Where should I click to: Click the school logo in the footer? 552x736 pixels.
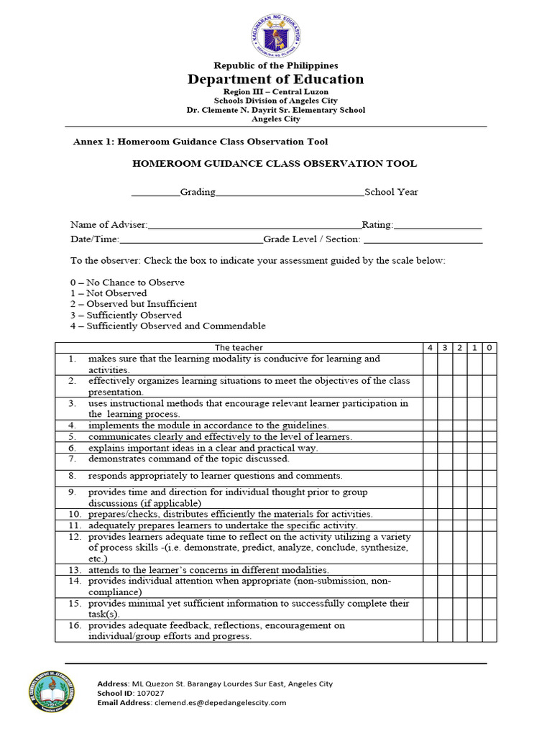click(x=61, y=693)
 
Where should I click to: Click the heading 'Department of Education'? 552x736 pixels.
click(x=276, y=79)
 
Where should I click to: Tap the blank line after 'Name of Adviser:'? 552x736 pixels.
click(x=254, y=225)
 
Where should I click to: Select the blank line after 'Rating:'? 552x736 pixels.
click(x=438, y=225)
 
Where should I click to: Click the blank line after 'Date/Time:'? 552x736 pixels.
click(x=191, y=239)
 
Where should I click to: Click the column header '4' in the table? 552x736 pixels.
click(x=430, y=348)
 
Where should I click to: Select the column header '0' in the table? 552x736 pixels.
click(x=489, y=348)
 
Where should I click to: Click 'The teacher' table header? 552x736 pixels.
click(x=238, y=348)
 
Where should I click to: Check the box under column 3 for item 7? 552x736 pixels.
click(x=445, y=459)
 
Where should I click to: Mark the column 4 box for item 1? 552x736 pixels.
click(x=430, y=364)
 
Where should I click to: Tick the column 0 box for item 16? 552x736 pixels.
click(x=489, y=630)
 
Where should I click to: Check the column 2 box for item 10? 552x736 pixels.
click(x=460, y=514)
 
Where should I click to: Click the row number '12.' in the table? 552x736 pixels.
click(x=75, y=537)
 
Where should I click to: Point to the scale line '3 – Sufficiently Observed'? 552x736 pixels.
click(x=126, y=315)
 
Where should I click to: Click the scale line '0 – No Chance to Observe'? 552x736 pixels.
click(x=127, y=282)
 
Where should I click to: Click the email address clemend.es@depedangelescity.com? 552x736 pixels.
click(x=219, y=703)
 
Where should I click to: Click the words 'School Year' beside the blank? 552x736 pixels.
click(x=391, y=192)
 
